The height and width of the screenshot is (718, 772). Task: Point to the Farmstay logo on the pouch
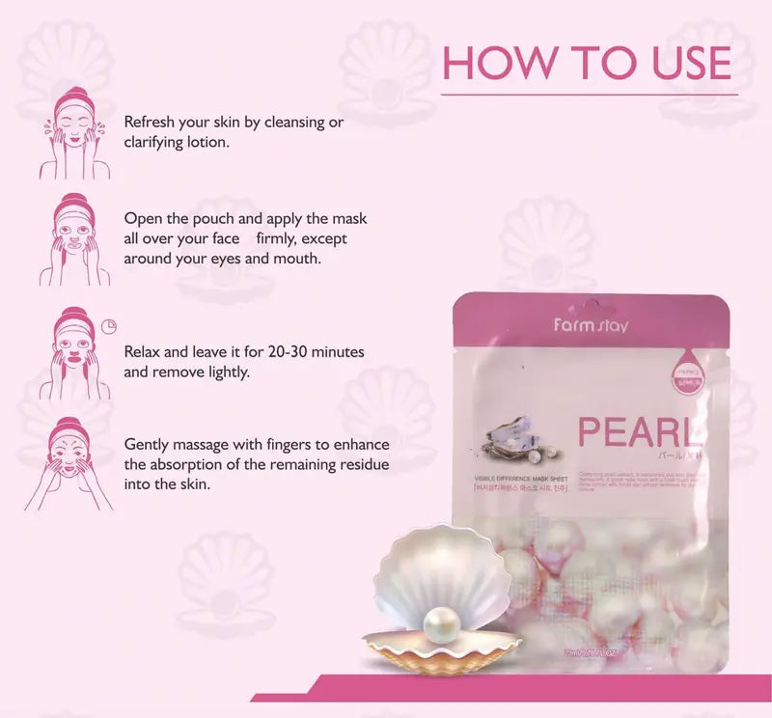coord(591,325)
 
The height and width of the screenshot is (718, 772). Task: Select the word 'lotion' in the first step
coord(207,142)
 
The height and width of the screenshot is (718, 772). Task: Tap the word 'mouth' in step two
coord(297,258)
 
